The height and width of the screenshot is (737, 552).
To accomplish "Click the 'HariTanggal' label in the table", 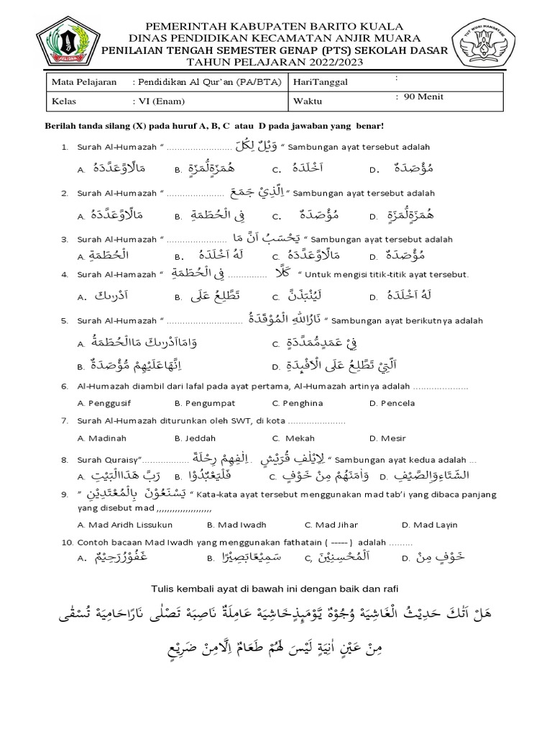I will click(320, 82).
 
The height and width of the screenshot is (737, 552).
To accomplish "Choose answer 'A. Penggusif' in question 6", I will click(106, 404).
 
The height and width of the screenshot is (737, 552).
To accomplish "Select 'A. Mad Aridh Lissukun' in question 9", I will click(123, 525).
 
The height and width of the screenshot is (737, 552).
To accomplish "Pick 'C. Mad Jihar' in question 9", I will click(331, 525).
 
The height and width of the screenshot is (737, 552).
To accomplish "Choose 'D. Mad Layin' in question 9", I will click(429, 525).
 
